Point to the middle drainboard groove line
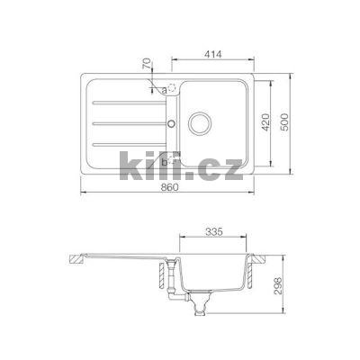126,123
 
